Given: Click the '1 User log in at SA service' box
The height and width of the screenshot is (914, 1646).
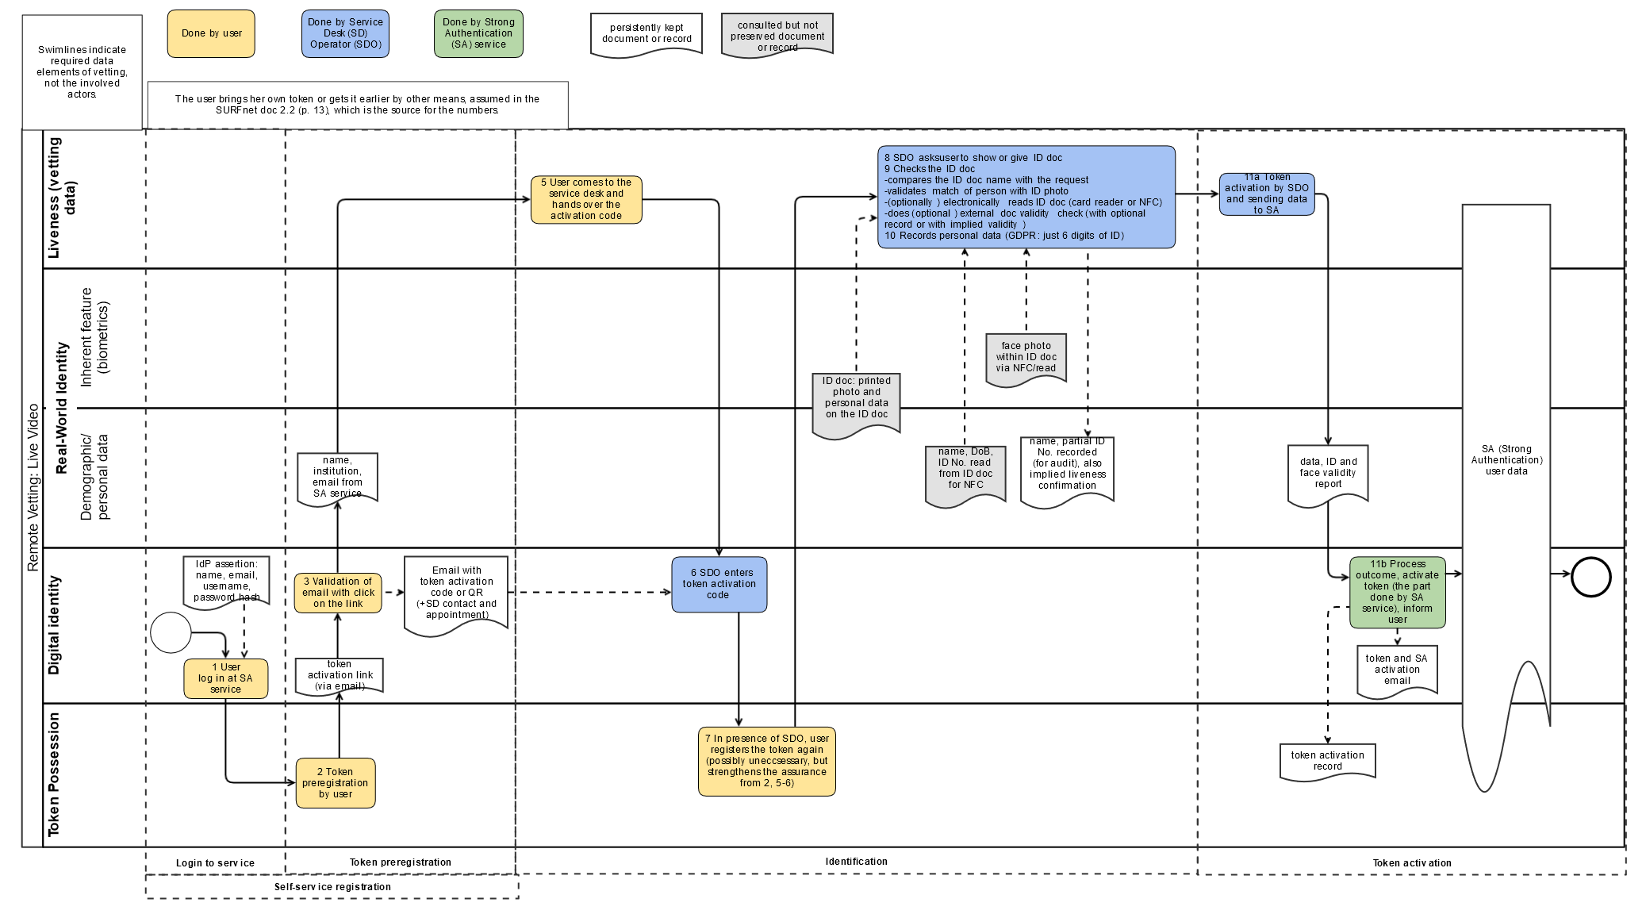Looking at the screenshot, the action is tap(225, 678).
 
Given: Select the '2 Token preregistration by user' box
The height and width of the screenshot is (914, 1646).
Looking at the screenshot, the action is tap(336, 783).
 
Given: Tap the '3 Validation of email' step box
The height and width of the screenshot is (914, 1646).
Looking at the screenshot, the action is tap(338, 593).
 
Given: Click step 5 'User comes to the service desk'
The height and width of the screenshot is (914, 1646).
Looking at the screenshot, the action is tap(586, 199).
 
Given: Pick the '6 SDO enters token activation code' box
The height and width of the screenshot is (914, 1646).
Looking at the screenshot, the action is tap(719, 584).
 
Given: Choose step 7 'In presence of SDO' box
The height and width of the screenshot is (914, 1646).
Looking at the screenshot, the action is tap(766, 761).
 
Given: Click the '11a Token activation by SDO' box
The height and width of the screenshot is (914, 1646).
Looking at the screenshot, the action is tap(1267, 194).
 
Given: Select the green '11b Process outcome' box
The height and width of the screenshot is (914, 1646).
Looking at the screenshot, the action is tap(1398, 593).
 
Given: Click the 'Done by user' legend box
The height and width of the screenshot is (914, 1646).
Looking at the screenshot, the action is tap(211, 33).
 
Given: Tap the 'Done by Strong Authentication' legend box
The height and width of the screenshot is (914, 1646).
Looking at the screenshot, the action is tap(478, 33).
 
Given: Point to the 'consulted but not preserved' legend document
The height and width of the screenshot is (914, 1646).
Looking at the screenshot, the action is tap(777, 35).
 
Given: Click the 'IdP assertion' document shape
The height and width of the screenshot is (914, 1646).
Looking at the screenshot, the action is tap(226, 582).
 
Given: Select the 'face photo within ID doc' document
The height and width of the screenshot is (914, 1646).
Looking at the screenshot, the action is tap(1026, 359).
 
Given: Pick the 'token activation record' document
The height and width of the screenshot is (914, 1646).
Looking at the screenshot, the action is tap(1327, 761).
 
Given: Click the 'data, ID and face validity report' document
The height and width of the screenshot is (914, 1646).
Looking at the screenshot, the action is tap(1328, 474).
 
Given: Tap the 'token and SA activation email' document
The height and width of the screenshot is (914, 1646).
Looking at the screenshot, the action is tap(1397, 670).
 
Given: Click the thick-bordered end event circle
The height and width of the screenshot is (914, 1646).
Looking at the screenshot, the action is tap(1590, 577).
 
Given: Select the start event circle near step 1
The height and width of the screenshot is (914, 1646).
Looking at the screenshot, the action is tap(171, 632).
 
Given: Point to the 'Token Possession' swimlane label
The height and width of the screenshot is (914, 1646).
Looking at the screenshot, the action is tap(54, 774).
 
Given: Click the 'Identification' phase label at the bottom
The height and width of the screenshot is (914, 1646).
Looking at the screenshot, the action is tap(856, 862).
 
